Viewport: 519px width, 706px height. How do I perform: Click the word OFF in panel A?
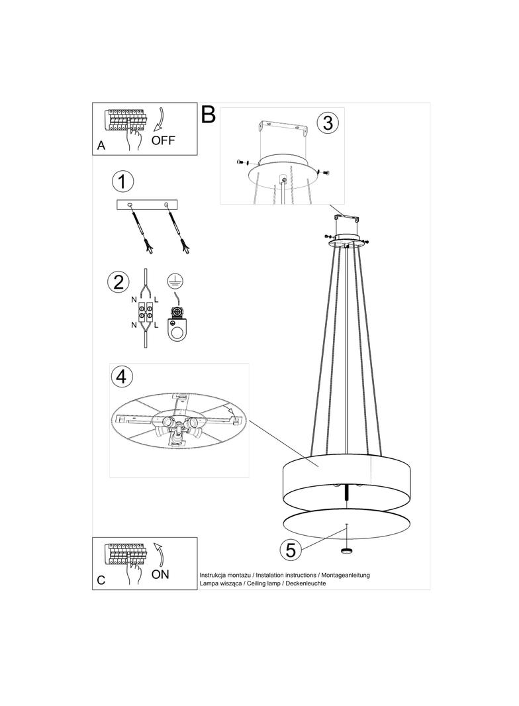coord(163,140)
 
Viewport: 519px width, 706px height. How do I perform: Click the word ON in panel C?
coord(160,574)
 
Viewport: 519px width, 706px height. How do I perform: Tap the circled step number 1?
coord(122,181)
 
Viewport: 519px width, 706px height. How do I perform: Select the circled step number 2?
coord(118,282)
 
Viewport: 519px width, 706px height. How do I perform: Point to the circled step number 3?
coord(328,122)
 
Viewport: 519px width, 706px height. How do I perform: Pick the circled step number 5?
coord(291,550)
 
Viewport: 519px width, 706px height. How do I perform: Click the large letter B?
coord(209,115)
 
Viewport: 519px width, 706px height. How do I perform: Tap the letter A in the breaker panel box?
coord(101,146)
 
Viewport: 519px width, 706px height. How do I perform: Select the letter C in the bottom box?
coord(101,580)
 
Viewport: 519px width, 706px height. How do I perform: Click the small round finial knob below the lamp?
coord(347,551)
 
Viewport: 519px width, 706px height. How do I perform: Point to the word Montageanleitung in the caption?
coord(346,575)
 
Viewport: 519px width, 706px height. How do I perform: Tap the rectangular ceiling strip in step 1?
coord(147,205)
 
